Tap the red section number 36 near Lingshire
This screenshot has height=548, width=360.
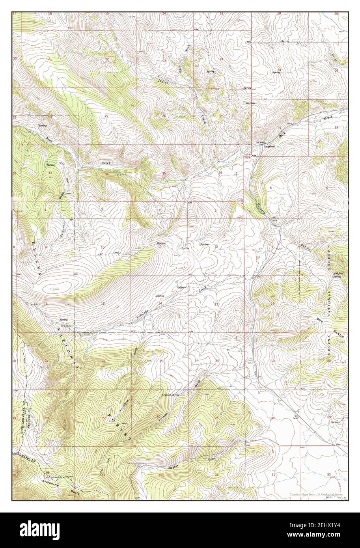pos(220,173)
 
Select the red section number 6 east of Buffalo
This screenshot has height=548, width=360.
pos(271,188)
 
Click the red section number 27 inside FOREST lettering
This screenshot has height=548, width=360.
pos(104,418)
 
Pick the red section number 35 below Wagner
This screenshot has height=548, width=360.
pos(160,475)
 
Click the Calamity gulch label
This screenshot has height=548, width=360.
pos(63,229)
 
